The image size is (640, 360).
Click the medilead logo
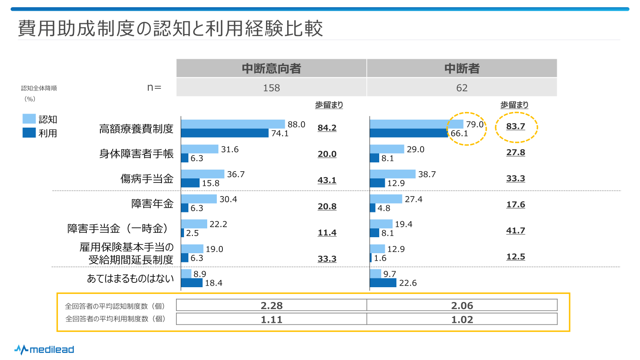44,350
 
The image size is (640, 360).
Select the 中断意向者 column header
271,68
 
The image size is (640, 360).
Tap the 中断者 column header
462,68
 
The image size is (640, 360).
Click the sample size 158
271,88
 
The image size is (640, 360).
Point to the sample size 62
462,88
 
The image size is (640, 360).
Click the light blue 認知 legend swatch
29,119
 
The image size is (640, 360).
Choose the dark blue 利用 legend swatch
29,133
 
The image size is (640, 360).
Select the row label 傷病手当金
147,179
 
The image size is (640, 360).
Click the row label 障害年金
152,204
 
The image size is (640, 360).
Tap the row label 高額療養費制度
136,129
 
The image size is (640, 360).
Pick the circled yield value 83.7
516,126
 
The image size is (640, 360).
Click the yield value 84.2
327,128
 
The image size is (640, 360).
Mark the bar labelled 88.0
233,124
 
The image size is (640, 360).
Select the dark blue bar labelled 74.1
225,133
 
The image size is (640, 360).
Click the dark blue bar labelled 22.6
383,283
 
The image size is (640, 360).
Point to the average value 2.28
271,306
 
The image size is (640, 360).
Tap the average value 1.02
462,320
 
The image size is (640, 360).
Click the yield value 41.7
516,231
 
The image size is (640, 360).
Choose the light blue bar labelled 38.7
392,174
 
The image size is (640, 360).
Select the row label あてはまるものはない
130,278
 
